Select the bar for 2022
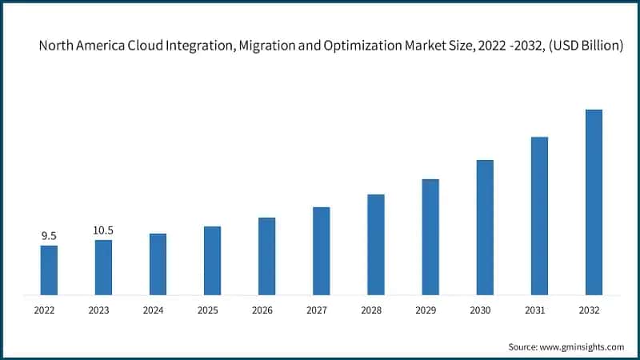coord(49,270)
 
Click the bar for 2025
coord(212,260)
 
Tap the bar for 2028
coord(376,244)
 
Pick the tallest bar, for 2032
coord(594,202)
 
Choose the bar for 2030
coord(485,227)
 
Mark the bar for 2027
coord(321,250)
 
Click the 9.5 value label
coord(49,236)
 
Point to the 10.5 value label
coord(103,230)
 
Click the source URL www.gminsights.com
coord(582,346)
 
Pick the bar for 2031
coord(539,215)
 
